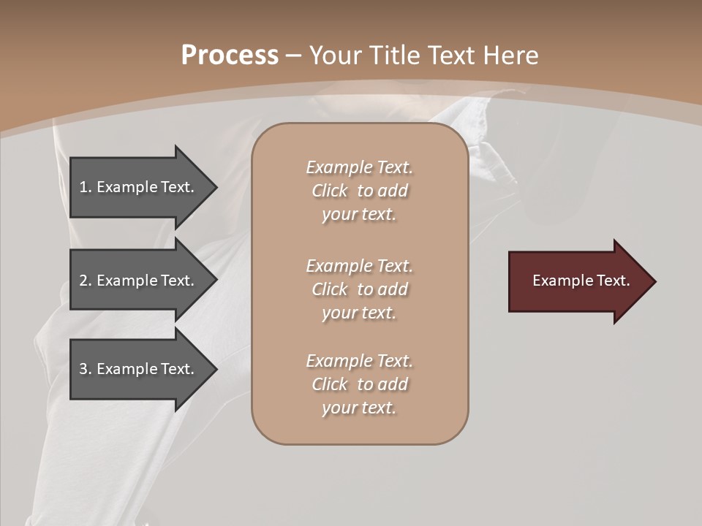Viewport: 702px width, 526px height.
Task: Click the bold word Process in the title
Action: tap(230, 56)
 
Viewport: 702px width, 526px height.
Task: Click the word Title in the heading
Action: tap(392, 56)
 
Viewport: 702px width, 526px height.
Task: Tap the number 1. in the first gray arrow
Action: tap(86, 187)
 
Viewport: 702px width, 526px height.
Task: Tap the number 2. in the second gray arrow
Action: tap(86, 281)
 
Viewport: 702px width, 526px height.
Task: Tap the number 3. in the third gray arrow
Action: tap(86, 369)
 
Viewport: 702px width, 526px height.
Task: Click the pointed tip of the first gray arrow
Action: tap(216, 188)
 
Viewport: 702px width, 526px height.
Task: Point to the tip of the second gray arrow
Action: tap(216, 281)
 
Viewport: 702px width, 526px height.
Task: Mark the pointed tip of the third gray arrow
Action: tap(216, 369)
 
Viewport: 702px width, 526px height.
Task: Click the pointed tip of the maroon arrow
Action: tap(654, 281)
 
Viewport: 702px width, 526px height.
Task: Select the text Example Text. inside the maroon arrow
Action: tap(581, 281)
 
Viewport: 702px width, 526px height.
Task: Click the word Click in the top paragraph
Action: tap(330, 191)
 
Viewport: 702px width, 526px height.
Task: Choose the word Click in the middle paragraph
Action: tap(330, 289)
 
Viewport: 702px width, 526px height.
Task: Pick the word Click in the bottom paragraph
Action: tap(330, 384)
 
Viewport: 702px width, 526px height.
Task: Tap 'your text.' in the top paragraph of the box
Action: tap(358, 215)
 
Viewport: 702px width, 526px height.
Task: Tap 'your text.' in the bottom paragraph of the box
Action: tap(358, 408)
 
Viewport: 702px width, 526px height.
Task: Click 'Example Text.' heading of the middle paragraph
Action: tap(359, 266)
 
